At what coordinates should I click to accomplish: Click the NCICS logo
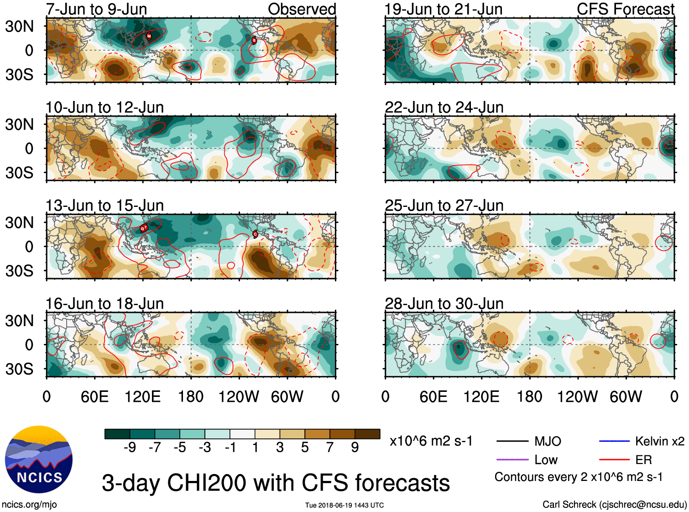pos(39,459)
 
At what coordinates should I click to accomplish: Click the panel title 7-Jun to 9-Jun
pos(96,9)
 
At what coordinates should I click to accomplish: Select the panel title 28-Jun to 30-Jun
pos(444,304)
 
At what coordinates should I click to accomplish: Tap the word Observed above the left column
pos(302,9)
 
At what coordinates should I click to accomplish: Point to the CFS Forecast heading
pos(625,9)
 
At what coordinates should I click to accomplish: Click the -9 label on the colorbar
pos(130,448)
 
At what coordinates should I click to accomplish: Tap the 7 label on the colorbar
pos(330,448)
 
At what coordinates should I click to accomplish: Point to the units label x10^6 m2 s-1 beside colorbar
pos(431,441)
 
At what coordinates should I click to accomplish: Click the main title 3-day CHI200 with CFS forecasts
pos(276,483)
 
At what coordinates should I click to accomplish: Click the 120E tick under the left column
pos(143,396)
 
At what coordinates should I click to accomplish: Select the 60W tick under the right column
pos(626,396)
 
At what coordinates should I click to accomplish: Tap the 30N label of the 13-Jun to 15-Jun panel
pos(20,223)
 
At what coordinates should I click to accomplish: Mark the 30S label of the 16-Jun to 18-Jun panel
pos(20,369)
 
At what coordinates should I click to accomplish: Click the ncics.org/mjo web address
pos(29,505)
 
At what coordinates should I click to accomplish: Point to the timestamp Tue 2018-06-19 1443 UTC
pos(344,505)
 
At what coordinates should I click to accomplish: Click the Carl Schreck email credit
pos(614,505)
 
